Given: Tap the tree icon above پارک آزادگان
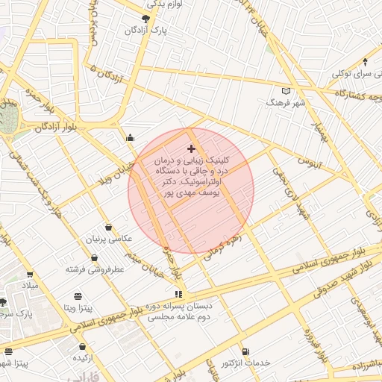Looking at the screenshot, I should pos(145,18).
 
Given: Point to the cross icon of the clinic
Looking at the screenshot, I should pos(192,149).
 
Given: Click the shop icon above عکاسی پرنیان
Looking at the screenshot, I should pos(109,227).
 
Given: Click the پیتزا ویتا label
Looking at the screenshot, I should pos(77,307).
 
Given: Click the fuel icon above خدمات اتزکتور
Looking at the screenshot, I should pos(245,351).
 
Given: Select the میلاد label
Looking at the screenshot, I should pos(30,286).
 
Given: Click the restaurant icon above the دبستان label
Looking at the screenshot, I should pos(178,294).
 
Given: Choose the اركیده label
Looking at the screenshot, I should pos(82,359).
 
